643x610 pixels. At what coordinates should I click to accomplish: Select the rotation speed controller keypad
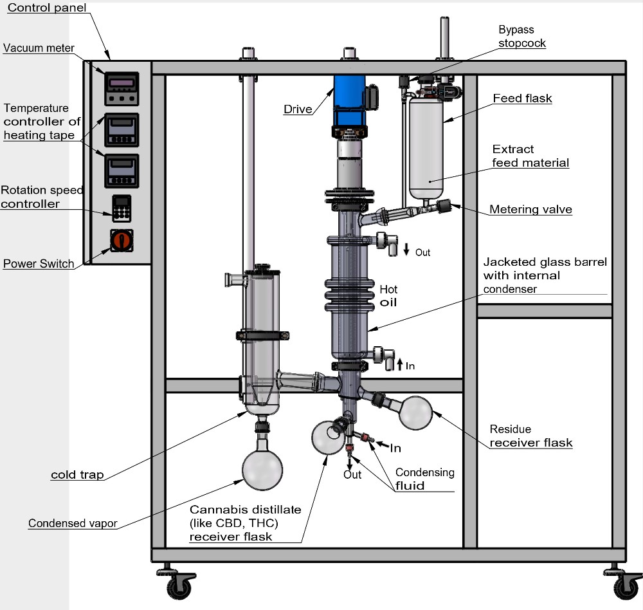(x=121, y=207)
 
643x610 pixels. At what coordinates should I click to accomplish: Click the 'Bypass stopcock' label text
(x=521, y=37)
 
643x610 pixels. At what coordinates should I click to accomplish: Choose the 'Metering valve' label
(x=530, y=209)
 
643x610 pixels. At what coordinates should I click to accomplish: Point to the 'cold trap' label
(x=77, y=475)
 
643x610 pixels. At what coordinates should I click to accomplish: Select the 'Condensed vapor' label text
(x=73, y=523)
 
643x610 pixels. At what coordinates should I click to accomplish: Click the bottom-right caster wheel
(x=624, y=586)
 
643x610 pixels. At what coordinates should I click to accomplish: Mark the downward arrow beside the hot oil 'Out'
(x=406, y=250)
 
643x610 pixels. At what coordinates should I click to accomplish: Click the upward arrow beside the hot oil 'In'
(x=399, y=365)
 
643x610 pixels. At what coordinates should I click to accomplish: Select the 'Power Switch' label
(x=39, y=264)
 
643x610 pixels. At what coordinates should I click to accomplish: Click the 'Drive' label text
(x=297, y=109)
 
